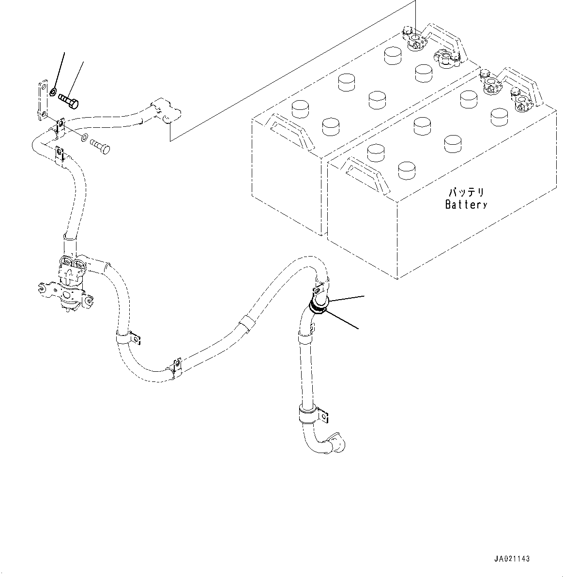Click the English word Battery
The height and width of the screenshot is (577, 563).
tap(466, 205)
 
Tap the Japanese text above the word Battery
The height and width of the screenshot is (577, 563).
tap(466, 193)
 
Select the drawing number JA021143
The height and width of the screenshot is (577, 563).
tap(512, 559)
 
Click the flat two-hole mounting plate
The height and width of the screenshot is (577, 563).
tap(43, 100)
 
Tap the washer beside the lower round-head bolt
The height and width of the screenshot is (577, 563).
tap(84, 137)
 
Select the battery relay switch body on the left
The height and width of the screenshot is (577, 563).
tap(70, 283)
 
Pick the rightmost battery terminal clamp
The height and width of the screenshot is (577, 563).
tap(521, 101)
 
